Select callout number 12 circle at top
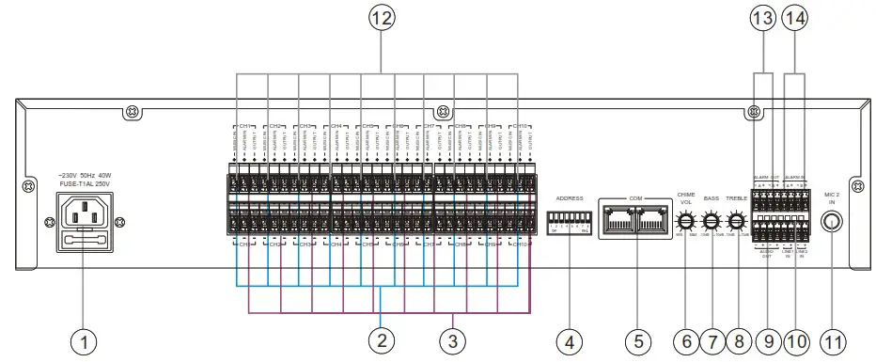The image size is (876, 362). tap(381, 18)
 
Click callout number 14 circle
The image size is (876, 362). tap(796, 18)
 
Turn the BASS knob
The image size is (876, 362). tap(712, 222)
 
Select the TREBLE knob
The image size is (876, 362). tap(738, 222)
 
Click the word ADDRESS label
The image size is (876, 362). tap(570, 199)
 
